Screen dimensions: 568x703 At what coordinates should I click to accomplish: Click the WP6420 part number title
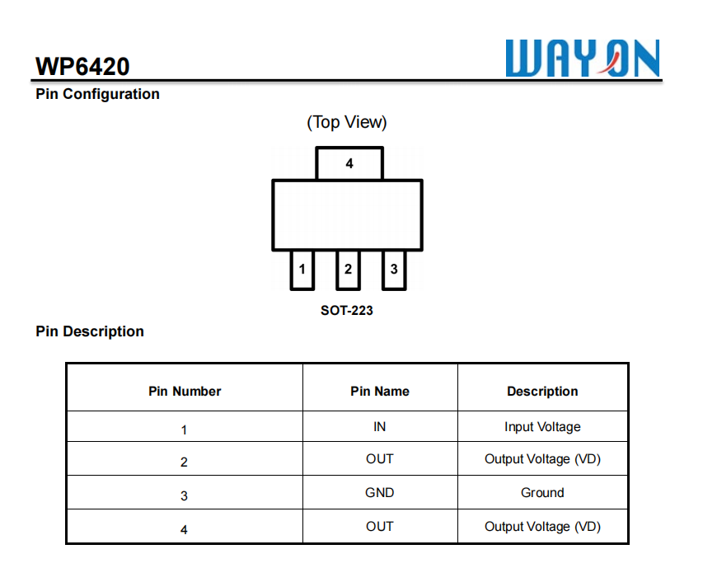(82, 66)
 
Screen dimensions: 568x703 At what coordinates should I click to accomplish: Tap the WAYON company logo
(583, 59)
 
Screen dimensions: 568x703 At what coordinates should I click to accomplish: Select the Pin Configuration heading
(97, 94)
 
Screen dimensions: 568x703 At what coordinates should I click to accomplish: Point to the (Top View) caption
(347, 122)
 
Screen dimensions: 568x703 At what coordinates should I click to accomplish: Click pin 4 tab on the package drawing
(349, 163)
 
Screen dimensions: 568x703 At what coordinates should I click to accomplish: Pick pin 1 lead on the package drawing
(302, 270)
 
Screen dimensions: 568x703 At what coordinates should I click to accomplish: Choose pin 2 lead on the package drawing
(348, 270)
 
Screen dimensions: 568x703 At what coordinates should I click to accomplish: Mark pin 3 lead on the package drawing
(394, 270)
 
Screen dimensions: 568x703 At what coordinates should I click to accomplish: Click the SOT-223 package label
(347, 311)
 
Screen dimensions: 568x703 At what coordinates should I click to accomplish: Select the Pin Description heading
(90, 331)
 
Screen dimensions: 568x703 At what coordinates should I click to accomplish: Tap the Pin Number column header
(185, 392)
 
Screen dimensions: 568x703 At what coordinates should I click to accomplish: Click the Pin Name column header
(380, 392)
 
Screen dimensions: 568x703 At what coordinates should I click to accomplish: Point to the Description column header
(542, 392)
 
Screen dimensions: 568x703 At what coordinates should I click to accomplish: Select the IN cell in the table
(380, 427)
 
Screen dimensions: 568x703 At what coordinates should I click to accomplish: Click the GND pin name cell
(380, 493)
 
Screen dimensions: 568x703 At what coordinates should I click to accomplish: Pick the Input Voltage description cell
(542, 427)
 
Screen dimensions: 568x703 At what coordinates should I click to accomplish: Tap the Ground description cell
(542, 493)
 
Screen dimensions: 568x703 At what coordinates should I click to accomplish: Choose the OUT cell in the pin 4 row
(380, 527)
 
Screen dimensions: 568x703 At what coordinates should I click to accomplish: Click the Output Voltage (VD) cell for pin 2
(542, 459)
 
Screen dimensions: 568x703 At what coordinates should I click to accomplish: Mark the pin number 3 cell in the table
(184, 495)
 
